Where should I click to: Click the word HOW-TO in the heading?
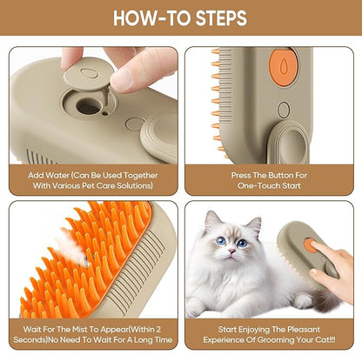coord(144,17)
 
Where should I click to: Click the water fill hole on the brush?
coord(88,107)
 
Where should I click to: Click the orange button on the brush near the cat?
coord(311,245)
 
